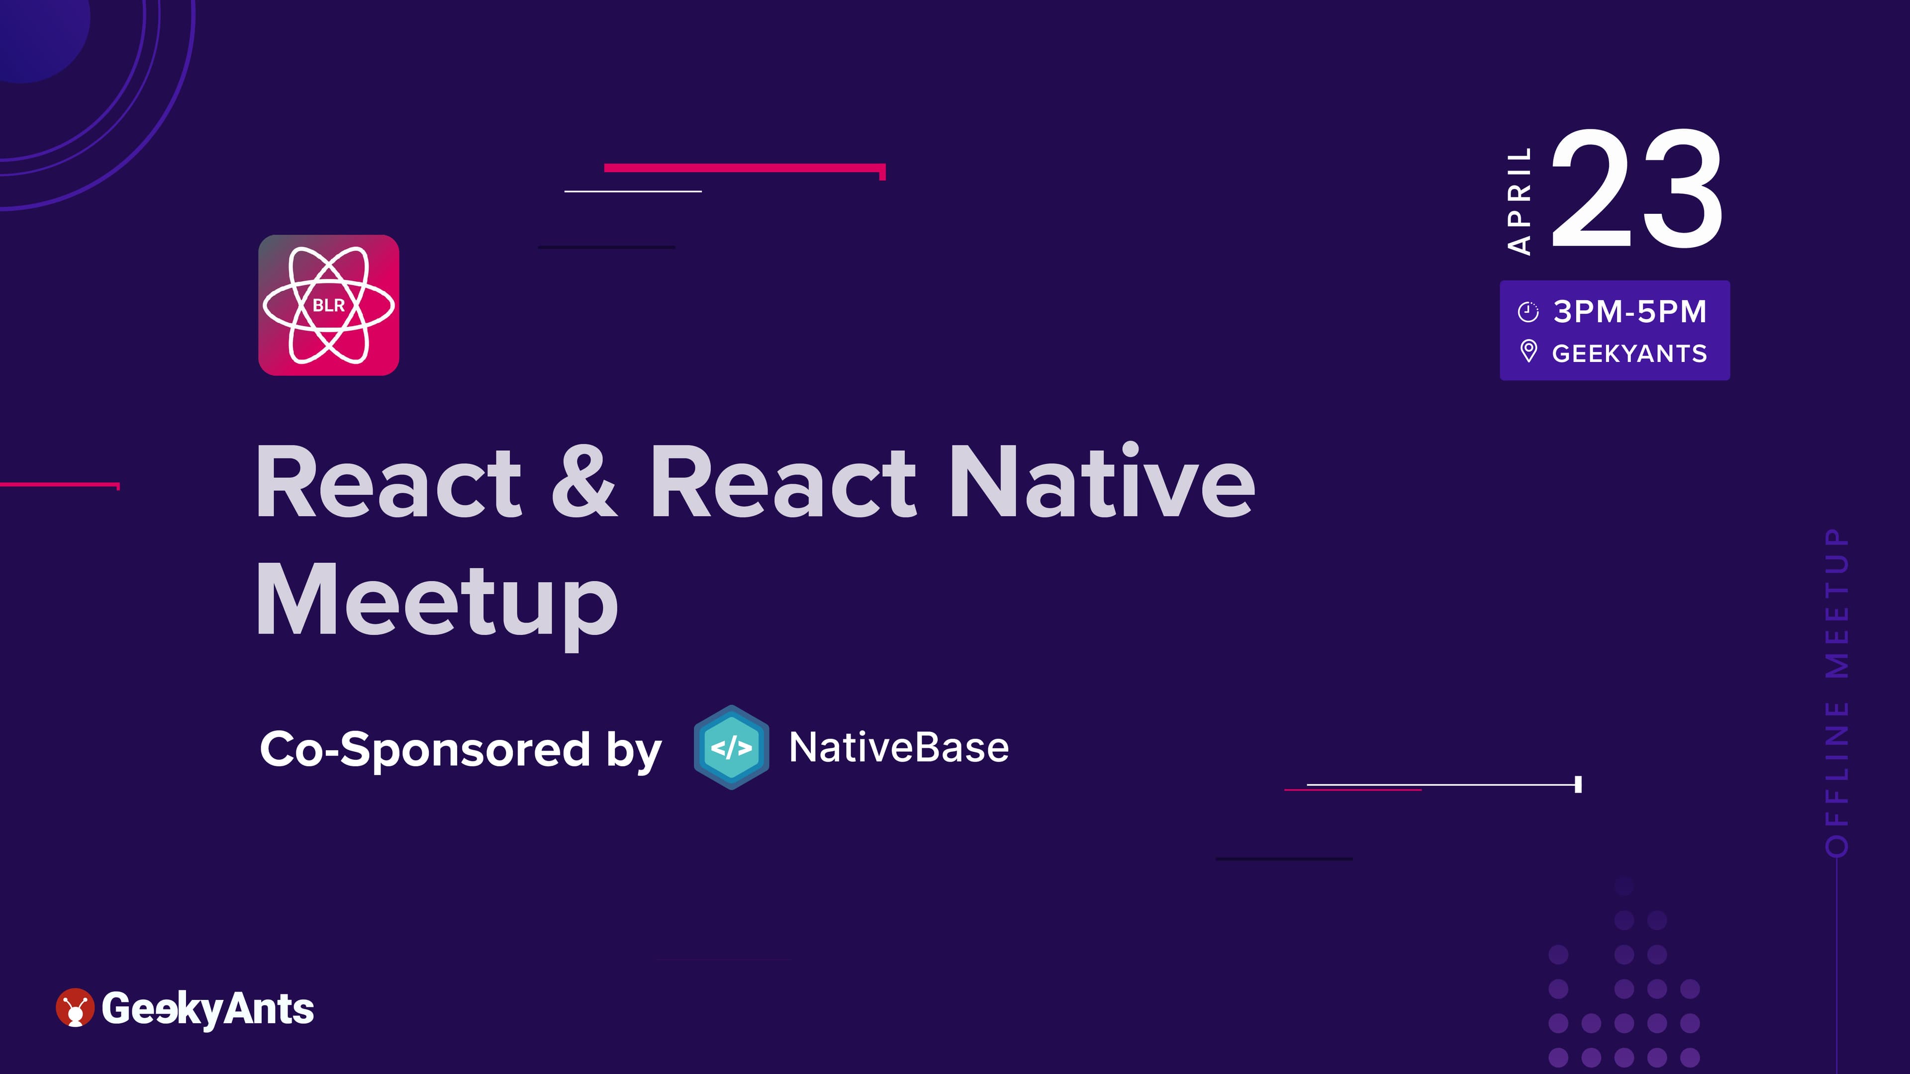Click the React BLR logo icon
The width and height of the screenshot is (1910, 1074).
(328, 305)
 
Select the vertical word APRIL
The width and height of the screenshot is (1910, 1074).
(1519, 201)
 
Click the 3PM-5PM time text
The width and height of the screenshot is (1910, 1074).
(1630, 311)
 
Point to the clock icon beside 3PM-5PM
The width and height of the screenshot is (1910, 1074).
(1528, 312)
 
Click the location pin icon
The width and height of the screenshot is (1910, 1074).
(1528, 352)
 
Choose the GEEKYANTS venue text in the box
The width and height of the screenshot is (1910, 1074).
(1630, 354)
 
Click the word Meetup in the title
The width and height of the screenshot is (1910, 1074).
(437, 602)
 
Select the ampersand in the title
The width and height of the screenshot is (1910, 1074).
(584, 482)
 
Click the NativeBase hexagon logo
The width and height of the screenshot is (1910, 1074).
(731, 747)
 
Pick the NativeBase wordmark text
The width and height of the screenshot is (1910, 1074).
(899, 747)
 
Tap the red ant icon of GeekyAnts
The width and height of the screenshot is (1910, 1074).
(75, 1007)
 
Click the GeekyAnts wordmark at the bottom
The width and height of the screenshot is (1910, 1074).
(207, 1009)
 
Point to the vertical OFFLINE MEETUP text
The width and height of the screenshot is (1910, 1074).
(1837, 692)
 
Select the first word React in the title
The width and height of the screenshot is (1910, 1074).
(388, 482)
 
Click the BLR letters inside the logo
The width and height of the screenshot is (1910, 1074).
(328, 305)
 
